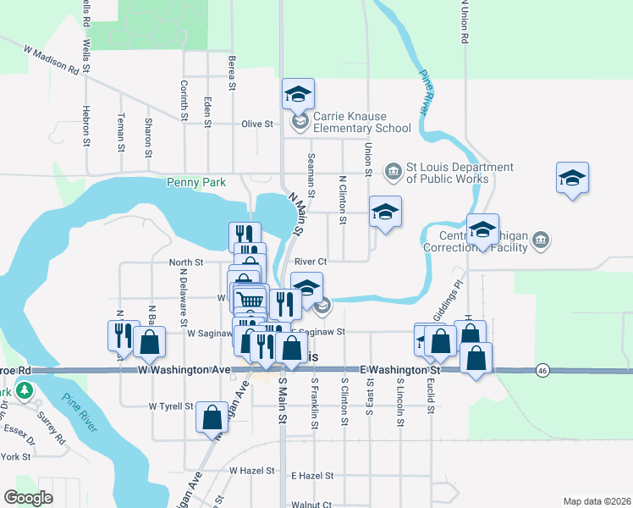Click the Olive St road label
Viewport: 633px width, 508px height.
pyautogui.click(x=257, y=124)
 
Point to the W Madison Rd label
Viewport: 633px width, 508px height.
pyautogui.click(x=52, y=61)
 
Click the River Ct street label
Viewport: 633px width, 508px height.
pyautogui.click(x=311, y=262)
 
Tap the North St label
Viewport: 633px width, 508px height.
pyautogui.click(x=186, y=262)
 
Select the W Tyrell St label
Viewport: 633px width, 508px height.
pyautogui.click(x=172, y=406)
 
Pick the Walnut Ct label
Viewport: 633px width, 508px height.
pyautogui.click(x=310, y=504)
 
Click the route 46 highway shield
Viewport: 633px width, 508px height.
pyautogui.click(x=541, y=370)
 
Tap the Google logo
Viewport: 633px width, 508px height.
pyautogui.click(x=29, y=498)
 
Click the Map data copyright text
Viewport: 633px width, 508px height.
pyautogui.click(x=597, y=501)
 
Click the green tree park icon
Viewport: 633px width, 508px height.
pyautogui.click(x=25, y=391)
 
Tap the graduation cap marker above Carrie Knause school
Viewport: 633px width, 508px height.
pyautogui.click(x=298, y=95)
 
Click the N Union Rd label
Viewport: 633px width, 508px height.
pyautogui.click(x=465, y=21)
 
